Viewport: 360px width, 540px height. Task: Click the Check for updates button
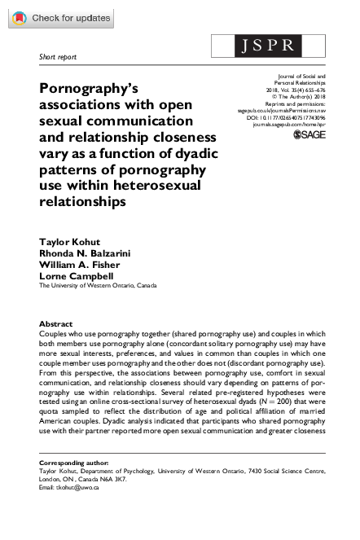pos(62,18)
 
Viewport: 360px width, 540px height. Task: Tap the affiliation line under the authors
pos(99,285)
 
